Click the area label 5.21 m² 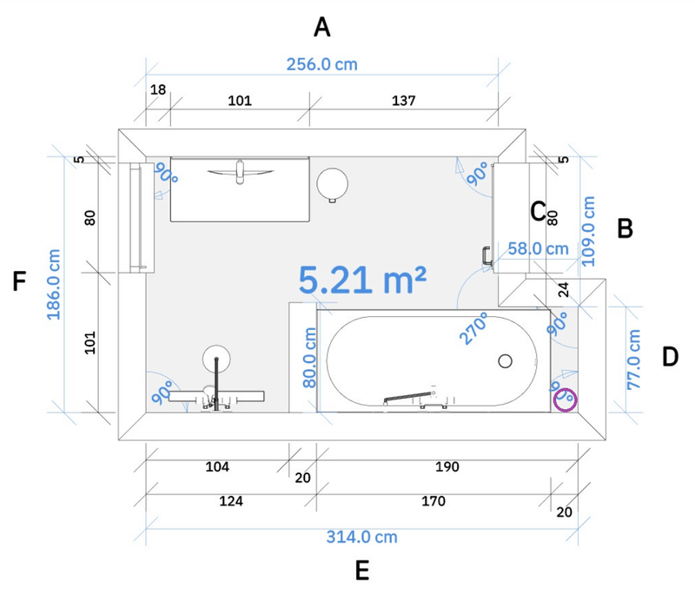363,280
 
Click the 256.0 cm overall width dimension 321,64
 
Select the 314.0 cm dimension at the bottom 361,537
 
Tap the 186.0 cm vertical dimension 55,285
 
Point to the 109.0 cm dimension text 590,230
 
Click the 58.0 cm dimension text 539,248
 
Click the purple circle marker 566,399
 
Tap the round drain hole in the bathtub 506,360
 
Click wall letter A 322,29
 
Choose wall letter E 362,571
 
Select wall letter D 670,356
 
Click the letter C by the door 538,211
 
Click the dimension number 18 158,90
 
